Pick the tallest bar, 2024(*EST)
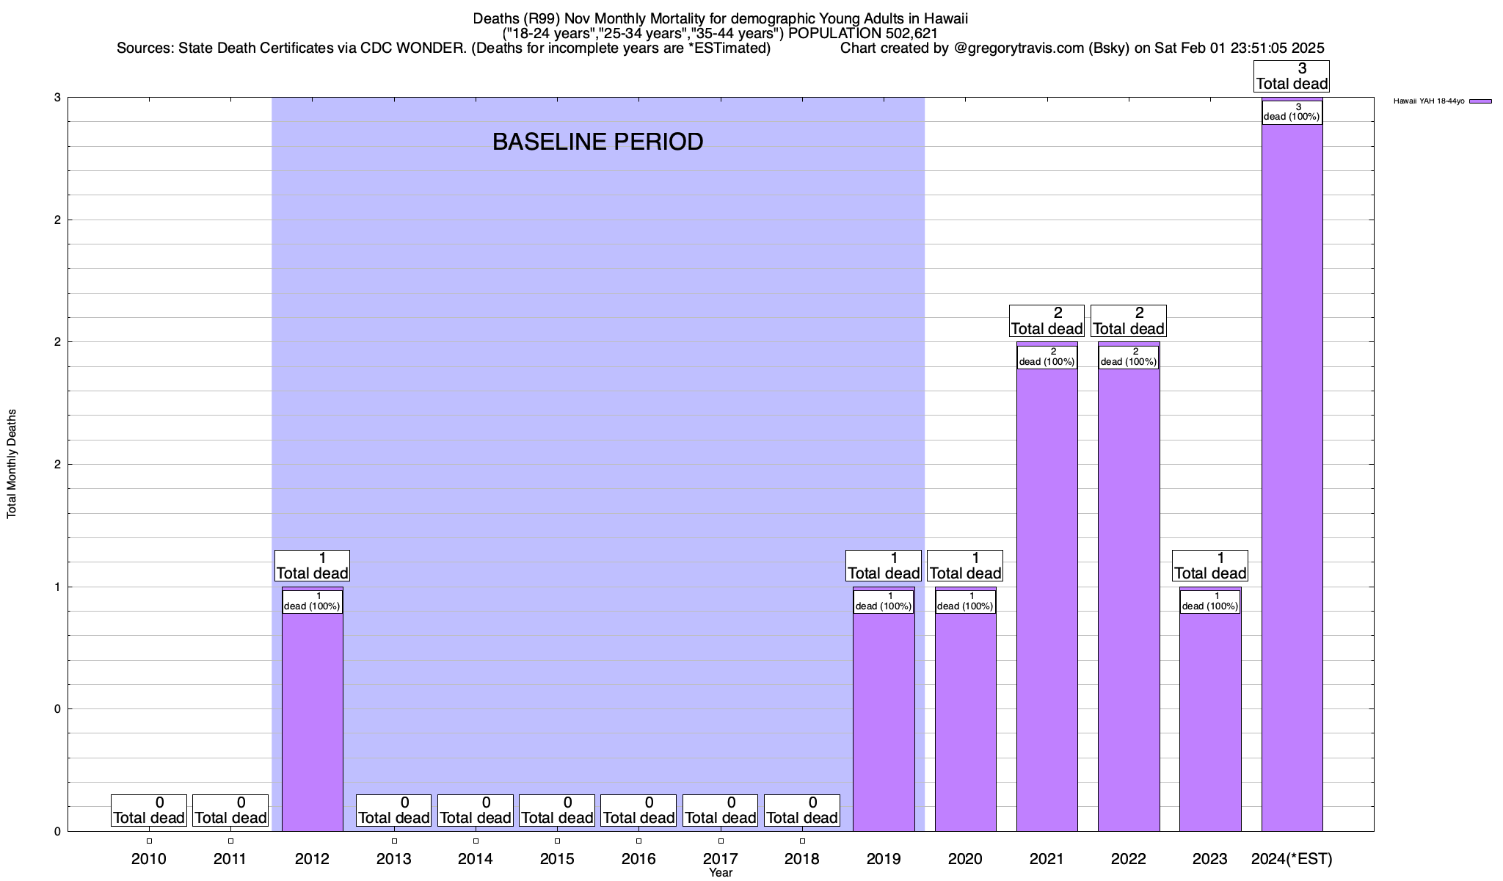(x=1292, y=477)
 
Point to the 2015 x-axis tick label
(x=557, y=858)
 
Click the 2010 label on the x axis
(x=149, y=858)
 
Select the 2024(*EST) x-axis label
(x=1292, y=858)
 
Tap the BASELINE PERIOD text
(x=597, y=142)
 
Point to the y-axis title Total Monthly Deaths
(x=12, y=464)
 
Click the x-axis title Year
(x=721, y=873)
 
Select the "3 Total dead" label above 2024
(x=1292, y=76)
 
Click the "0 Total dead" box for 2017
(x=720, y=811)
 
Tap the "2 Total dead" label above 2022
(x=1129, y=321)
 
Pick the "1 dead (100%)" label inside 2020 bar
(x=965, y=601)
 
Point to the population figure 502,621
(x=910, y=33)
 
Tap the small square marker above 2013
(x=394, y=841)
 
